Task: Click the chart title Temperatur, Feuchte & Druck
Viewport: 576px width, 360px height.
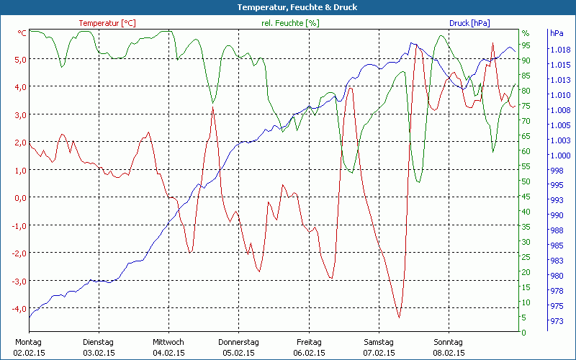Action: coord(287,7)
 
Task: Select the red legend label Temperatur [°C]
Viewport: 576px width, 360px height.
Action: coord(107,23)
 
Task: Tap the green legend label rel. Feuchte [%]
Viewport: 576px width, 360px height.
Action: coord(289,23)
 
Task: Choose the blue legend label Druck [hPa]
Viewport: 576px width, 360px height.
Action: coord(469,23)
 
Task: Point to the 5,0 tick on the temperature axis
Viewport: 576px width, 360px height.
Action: coord(20,59)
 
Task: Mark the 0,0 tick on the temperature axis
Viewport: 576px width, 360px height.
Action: coord(20,197)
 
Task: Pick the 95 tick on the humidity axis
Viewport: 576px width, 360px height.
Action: coord(526,45)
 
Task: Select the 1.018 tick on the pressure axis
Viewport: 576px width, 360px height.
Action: coord(559,50)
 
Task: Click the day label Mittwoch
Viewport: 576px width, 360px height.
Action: coord(168,342)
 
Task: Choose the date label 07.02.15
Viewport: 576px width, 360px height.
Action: coord(379,353)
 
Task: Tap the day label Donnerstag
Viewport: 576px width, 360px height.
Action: coord(238,342)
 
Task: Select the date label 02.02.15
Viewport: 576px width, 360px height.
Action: coord(29,353)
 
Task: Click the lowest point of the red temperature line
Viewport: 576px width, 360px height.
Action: coord(399,317)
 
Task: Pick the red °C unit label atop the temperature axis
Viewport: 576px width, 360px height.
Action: coord(22,33)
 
